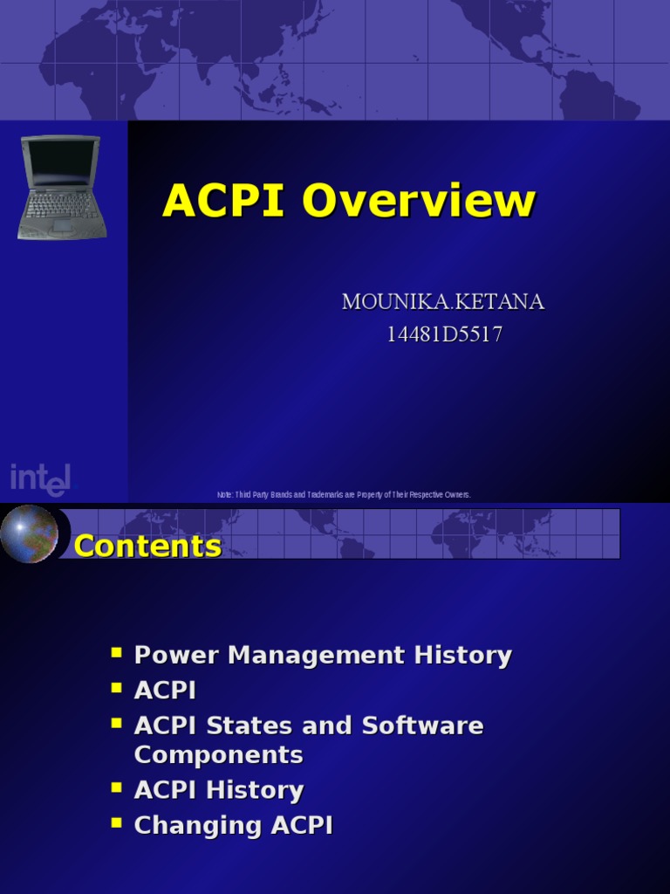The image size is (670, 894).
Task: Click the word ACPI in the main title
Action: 223,201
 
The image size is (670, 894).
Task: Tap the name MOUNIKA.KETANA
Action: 443,302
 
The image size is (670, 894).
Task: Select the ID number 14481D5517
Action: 444,334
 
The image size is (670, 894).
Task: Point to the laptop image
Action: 61,187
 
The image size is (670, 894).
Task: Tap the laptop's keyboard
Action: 61,206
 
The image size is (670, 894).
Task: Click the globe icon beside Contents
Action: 29,533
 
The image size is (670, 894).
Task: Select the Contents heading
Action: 147,547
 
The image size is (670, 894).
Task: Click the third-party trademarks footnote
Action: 344,495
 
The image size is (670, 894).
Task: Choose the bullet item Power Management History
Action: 323,656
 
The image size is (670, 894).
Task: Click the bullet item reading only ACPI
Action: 165,691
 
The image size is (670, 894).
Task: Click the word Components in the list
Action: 218,754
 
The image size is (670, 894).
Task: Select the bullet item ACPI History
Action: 218,790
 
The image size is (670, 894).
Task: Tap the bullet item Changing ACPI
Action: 233,825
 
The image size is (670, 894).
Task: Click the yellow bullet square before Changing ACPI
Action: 116,822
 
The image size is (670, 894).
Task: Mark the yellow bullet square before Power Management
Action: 116,652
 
